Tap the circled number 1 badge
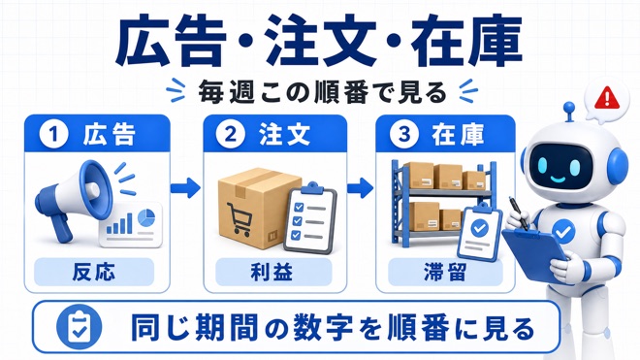point(53,135)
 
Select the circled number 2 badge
point(231,135)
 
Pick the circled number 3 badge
point(404,135)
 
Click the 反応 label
point(93,272)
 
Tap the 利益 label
point(272,272)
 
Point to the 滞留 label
point(444,272)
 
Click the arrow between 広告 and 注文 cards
point(186,188)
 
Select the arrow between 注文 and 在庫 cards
point(361,188)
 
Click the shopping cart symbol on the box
point(239,218)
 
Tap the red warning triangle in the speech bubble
point(607,98)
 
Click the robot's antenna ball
point(568,108)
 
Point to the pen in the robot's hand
point(517,213)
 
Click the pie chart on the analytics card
point(146,217)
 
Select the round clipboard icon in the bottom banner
point(79,327)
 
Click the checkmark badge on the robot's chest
point(563,232)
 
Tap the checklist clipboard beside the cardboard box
point(310,217)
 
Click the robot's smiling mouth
point(559,179)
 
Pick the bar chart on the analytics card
point(119,223)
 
